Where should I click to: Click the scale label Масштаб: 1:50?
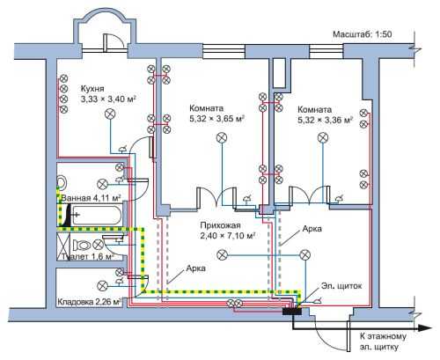click(363, 34)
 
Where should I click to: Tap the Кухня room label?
click(92, 88)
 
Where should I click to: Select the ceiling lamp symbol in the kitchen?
click(110, 114)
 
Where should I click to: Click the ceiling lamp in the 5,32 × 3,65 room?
click(222, 137)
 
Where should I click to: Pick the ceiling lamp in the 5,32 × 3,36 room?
click(323, 137)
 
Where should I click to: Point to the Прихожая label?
click(220, 225)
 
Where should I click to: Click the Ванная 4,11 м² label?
click(91, 198)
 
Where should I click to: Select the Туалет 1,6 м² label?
click(88, 256)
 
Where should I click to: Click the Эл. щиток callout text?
click(341, 286)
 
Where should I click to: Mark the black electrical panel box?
click(292, 311)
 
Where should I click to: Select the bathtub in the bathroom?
click(96, 216)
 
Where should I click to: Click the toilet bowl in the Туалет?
click(81, 245)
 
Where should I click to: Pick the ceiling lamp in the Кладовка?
click(102, 285)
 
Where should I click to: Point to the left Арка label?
click(195, 268)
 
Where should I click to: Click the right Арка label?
click(312, 229)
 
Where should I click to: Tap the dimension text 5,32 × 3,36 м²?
click(325, 120)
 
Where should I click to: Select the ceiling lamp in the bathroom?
click(102, 185)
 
